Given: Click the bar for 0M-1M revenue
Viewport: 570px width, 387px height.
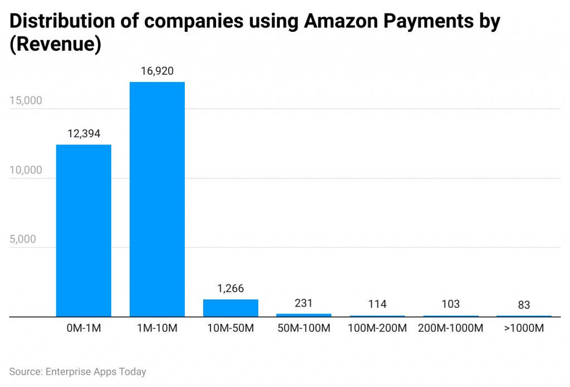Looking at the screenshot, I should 83,230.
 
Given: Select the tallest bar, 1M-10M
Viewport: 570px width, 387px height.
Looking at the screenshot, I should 157,199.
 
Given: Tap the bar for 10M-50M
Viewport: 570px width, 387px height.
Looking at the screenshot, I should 230,308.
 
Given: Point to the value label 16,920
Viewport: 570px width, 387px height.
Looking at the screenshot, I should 157,71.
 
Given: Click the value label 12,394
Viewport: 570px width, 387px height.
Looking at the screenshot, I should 83,134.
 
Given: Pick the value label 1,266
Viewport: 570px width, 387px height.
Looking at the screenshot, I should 230,289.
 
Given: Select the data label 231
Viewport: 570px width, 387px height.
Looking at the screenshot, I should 304,303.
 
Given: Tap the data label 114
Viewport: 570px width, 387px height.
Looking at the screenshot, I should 377,304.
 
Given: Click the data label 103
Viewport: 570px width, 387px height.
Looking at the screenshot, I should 451,304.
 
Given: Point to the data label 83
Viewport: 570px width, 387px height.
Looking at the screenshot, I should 524,305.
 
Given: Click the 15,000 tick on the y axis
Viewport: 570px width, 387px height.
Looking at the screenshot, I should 26,101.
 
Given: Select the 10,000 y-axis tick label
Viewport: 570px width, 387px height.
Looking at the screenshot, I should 26,170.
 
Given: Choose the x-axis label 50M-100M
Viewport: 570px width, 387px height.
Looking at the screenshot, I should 304,328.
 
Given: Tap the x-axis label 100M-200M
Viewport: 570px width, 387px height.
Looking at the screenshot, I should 377,328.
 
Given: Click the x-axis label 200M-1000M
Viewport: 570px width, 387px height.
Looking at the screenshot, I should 451,328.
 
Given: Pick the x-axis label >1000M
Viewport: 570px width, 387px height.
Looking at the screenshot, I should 524,328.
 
